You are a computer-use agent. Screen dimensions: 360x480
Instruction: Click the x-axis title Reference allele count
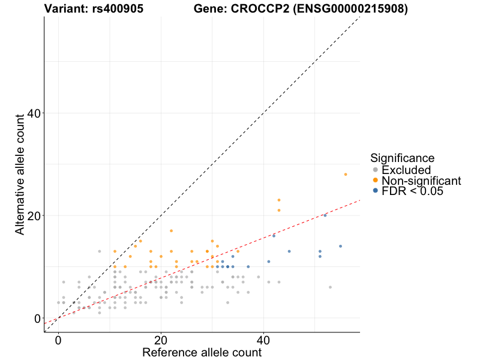(202, 352)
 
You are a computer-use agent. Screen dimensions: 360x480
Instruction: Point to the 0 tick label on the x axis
(58, 340)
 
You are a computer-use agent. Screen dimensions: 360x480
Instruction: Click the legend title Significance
(402, 158)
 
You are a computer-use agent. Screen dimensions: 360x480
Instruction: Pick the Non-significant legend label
(421, 181)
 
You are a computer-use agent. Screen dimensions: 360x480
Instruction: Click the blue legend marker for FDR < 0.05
(376, 191)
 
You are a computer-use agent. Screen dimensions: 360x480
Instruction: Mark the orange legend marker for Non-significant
(376, 181)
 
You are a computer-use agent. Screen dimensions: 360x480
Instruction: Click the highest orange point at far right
(346, 174)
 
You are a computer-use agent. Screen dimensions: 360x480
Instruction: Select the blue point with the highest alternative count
(325, 215)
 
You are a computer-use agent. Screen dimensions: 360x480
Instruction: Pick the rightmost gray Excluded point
(330, 287)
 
